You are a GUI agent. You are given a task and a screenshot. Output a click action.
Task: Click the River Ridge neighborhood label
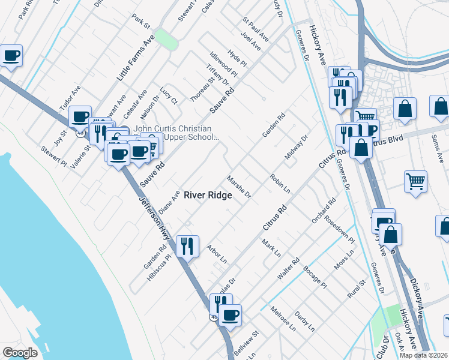(208, 195)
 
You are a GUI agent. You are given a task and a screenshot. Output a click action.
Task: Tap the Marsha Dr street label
(238, 187)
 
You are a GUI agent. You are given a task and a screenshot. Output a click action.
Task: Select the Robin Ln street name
(280, 184)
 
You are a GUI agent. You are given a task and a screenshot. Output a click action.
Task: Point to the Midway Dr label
(296, 147)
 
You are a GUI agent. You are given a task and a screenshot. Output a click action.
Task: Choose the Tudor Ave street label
(69, 97)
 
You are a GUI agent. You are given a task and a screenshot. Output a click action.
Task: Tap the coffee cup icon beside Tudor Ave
(80, 116)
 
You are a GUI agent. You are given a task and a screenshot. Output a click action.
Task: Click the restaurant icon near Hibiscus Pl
(187, 245)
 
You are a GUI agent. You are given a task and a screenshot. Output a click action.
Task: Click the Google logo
(20, 352)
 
